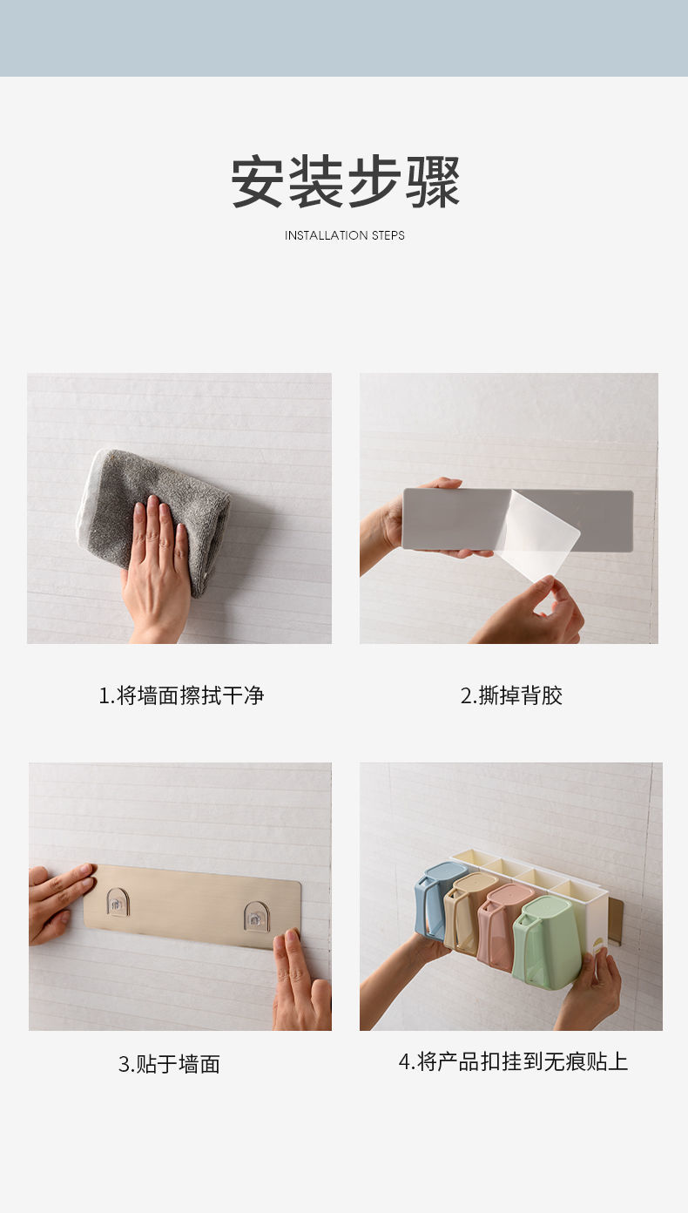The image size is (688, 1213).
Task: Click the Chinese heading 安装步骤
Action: pyautogui.click(x=345, y=181)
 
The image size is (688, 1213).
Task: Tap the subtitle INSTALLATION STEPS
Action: pyautogui.click(x=345, y=235)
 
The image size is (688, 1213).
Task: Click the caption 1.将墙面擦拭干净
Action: pyautogui.click(x=181, y=695)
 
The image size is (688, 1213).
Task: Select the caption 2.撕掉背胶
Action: pyautogui.click(x=511, y=695)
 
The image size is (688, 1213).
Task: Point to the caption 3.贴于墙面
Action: pyautogui.click(x=169, y=1063)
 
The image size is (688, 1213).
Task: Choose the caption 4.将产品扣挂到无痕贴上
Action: pyautogui.click(x=513, y=1061)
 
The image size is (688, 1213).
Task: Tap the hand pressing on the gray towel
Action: pyautogui.click(x=157, y=566)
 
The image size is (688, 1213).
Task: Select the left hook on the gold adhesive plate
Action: pyautogui.click(x=118, y=902)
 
